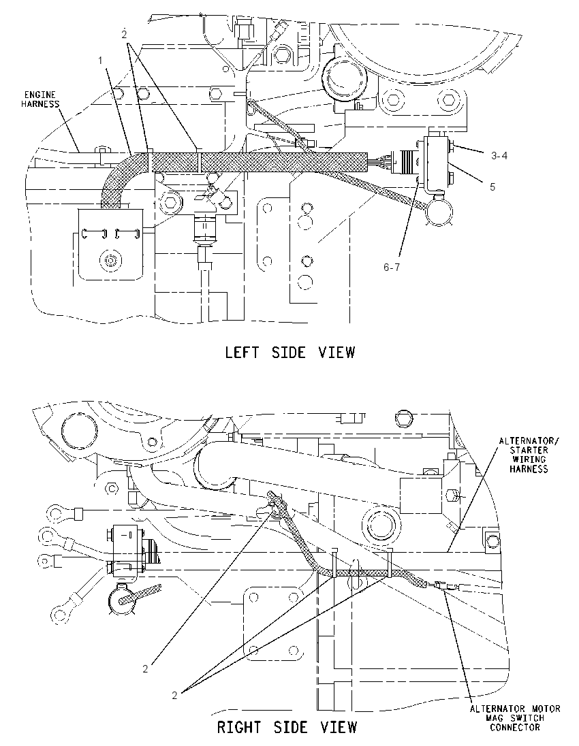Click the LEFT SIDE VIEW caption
pyautogui.click(x=289, y=353)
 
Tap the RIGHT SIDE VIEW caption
pyautogui.click(x=287, y=728)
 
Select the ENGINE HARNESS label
pyautogui.click(x=40, y=99)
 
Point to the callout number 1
pyautogui.click(x=100, y=61)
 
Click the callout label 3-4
pyautogui.click(x=499, y=156)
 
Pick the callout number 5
pyautogui.click(x=492, y=187)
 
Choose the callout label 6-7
pyautogui.click(x=392, y=267)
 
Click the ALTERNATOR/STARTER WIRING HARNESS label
pyautogui.click(x=529, y=455)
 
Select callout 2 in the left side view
pyautogui.click(x=124, y=34)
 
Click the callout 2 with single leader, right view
pyautogui.click(x=145, y=668)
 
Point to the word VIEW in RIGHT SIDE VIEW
pyautogui.click(x=339, y=728)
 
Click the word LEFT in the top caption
pyautogui.click(x=242, y=353)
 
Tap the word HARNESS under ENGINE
pyautogui.click(x=40, y=104)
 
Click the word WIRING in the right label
pyautogui.click(x=529, y=459)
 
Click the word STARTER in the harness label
pyautogui.click(x=529, y=450)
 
